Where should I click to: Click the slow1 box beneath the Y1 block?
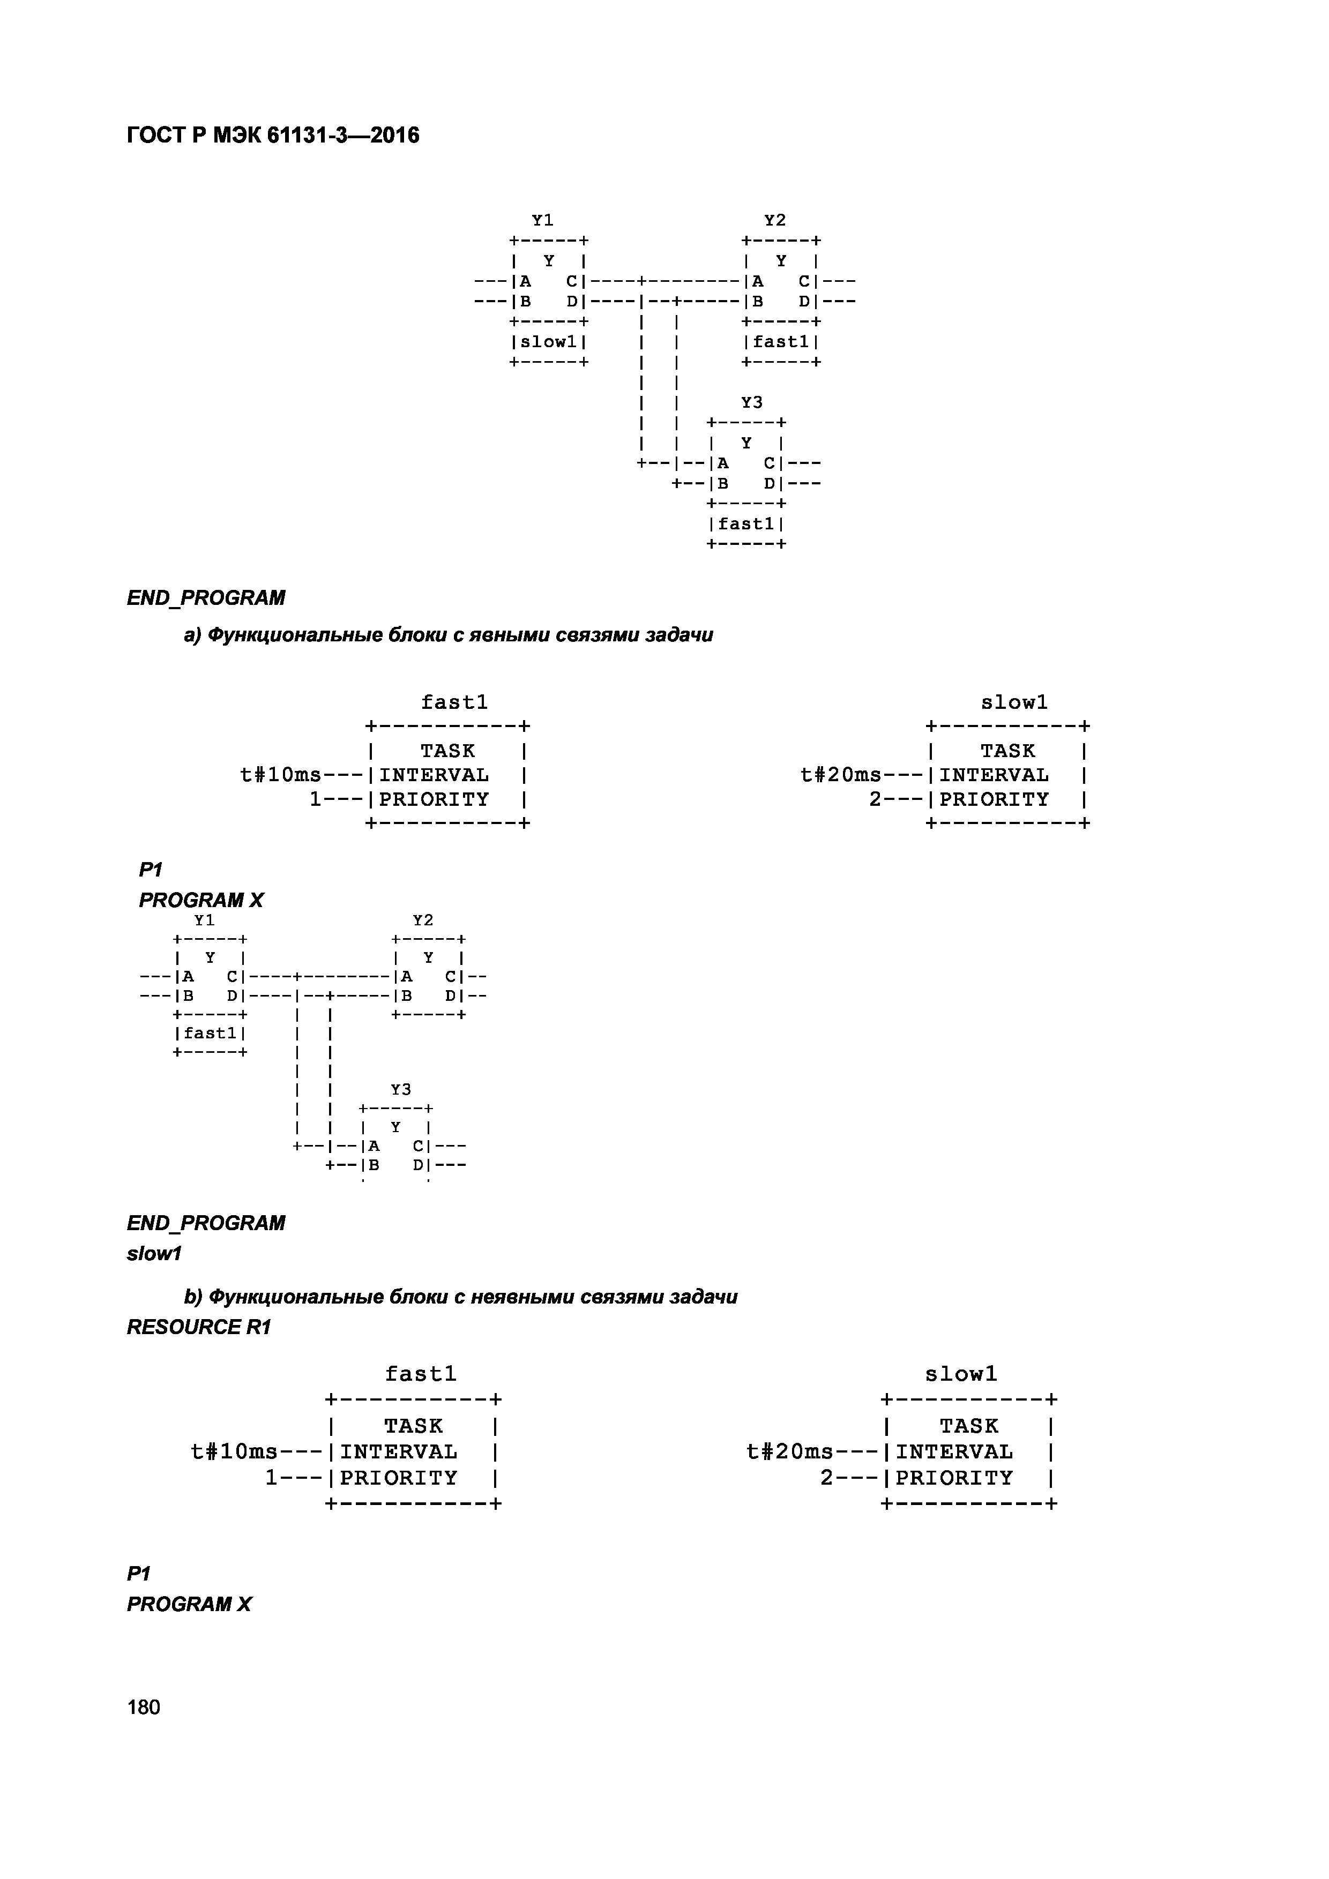(x=548, y=342)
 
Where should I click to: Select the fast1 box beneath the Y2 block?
(x=781, y=342)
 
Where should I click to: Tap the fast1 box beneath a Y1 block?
(x=210, y=1034)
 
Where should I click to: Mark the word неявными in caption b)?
(x=529, y=1297)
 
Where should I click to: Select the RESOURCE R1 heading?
(x=198, y=1328)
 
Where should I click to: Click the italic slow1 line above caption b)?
(x=154, y=1254)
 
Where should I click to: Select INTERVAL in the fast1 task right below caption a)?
(x=434, y=775)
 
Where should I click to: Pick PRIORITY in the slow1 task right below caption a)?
(x=994, y=799)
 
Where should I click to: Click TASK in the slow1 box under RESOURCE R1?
(x=969, y=1426)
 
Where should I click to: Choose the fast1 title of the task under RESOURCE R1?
(x=421, y=1374)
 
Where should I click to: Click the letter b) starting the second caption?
(x=193, y=1297)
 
